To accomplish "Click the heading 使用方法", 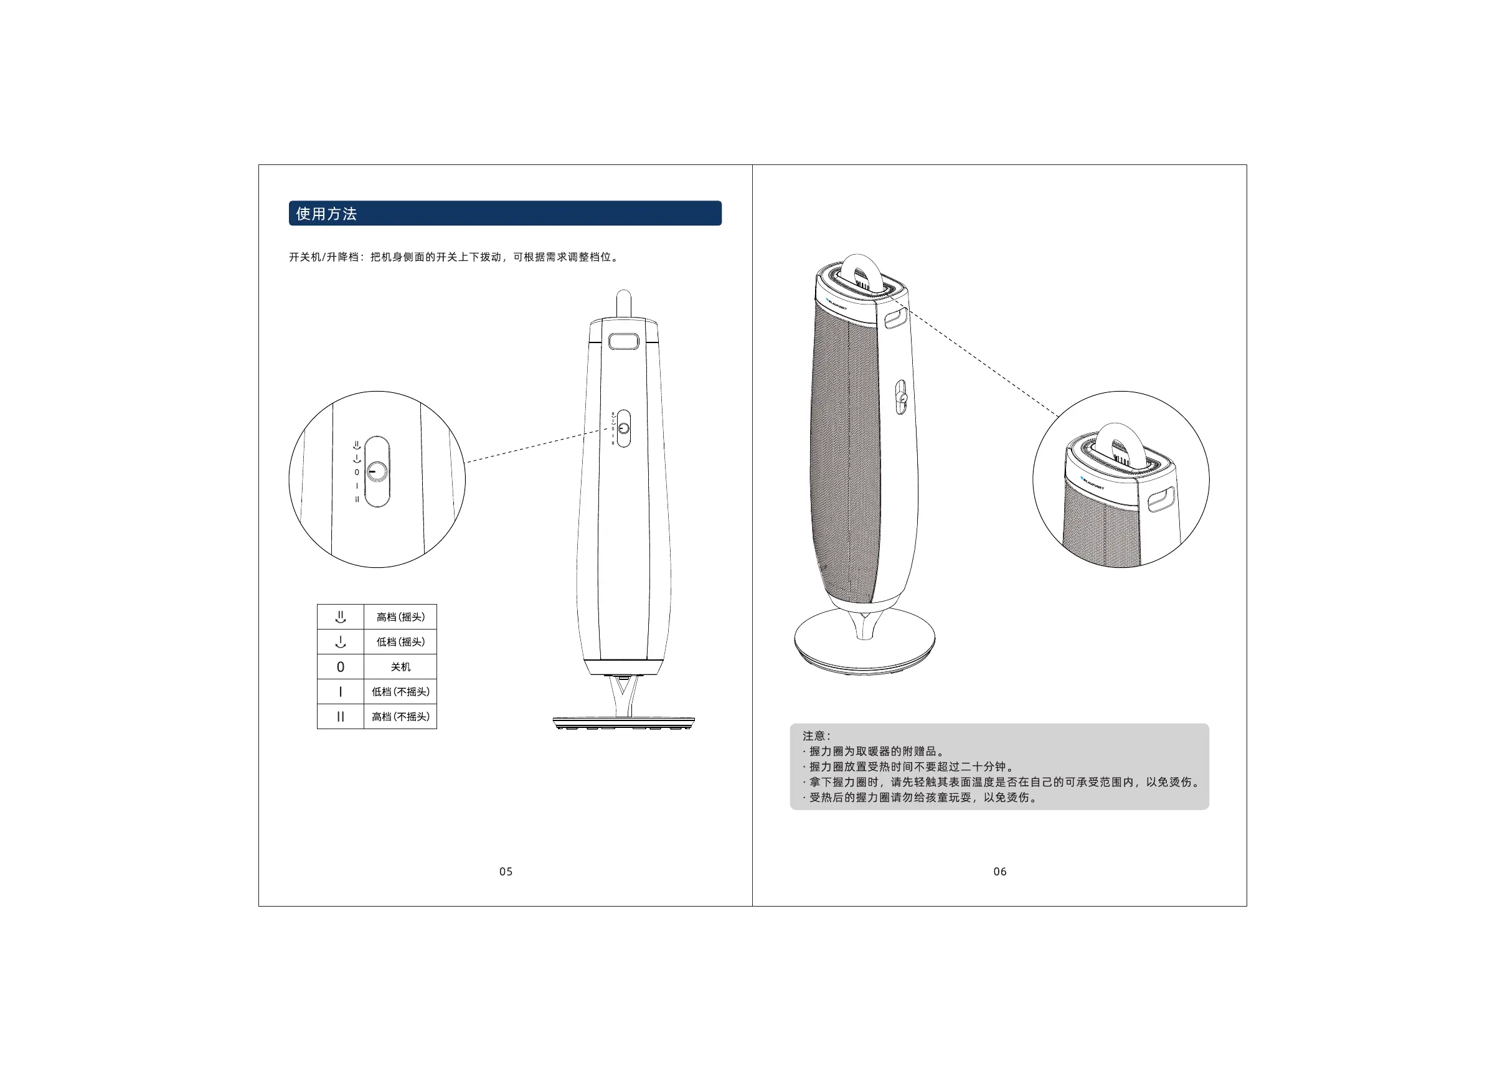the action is (x=326, y=214).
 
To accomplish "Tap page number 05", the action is (x=506, y=872).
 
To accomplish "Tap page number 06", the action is (x=1000, y=872).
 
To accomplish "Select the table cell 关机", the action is (x=400, y=667).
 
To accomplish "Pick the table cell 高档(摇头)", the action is (x=400, y=617).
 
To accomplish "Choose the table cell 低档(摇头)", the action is (x=400, y=642).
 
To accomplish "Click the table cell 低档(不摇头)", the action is (x=400, y=692).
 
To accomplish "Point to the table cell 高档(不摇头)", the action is (x=400, y=717).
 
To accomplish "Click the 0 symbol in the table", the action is (x=341, y=667).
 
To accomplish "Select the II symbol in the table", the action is (x=341, y=717).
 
